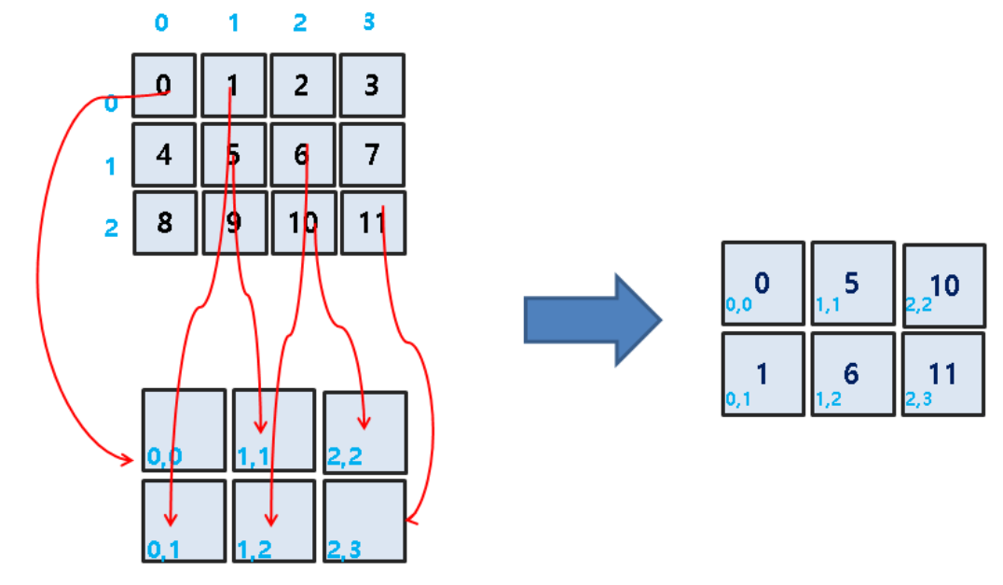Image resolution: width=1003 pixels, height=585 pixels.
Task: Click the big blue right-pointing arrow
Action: (x=592, y=320)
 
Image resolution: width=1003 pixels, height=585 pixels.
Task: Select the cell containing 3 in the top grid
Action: (x=372, y=86)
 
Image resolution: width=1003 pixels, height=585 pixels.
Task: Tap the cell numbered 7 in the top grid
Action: (x=372, y=154)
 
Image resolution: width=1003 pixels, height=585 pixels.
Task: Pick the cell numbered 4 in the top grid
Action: (x=164, y=154)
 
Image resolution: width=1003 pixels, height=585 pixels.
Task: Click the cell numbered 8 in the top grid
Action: (x=165, y=222)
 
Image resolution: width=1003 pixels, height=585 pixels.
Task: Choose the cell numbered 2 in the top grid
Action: (x=302, y=86)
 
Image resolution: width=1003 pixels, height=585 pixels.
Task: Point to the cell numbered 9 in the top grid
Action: (x=234, y=222)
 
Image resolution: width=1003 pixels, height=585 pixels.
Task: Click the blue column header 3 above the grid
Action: (x=369, y=21)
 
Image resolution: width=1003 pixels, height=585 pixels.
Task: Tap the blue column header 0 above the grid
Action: (x=162, y=22)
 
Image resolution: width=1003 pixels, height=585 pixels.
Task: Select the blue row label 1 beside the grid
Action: (x=111, y=168)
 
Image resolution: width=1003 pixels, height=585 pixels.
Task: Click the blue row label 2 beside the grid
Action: (x=111, y=228)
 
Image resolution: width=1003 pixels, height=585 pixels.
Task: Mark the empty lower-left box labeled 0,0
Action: (x=184, y=430)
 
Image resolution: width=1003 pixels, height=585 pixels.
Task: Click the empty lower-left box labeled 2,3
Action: (x=364, y=521)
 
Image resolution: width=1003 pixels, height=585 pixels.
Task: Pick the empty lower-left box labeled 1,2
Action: (x=274, y=521)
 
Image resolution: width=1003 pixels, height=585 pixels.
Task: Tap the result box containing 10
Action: (x=943, y=285)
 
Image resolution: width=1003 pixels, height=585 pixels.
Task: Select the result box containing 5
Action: (x=852, y=284)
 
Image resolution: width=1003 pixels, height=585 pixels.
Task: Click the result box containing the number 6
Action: (x=852, y=374)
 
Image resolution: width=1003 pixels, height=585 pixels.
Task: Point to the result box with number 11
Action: (x=943, y=374)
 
